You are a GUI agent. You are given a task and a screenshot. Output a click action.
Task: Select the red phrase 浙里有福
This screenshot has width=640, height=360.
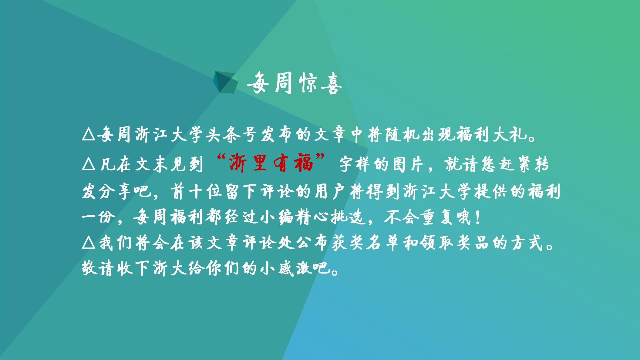[271, 163]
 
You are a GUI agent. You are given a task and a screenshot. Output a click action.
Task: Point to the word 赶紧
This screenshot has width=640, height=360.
[514, 164]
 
